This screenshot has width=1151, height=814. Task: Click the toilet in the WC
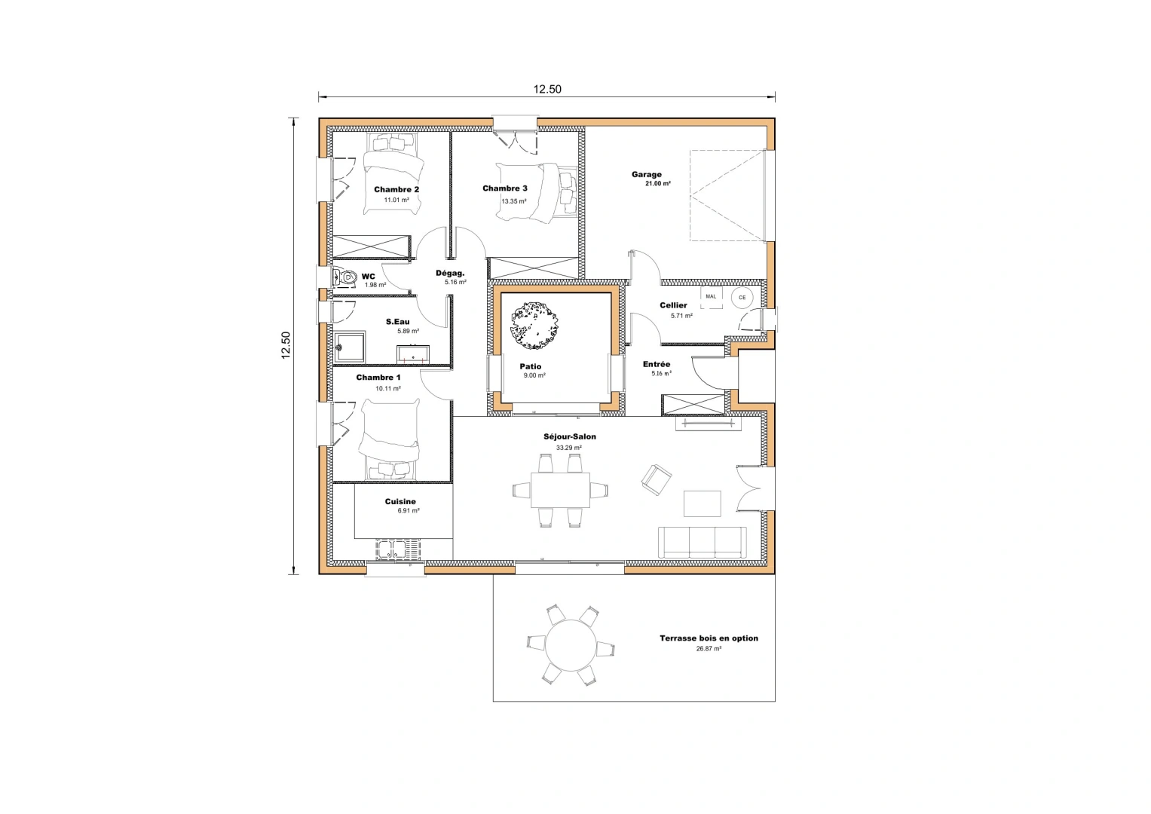pos(345,277)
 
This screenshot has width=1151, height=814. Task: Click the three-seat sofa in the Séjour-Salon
pos(702,543)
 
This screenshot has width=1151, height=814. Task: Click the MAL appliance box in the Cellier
pos(711,297)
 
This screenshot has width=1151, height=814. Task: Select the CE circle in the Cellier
pos(742,298)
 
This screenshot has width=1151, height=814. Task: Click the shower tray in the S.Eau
pos(350,348)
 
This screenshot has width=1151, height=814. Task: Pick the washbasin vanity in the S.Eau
pos(413,354)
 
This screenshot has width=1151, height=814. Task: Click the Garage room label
pos(647,175)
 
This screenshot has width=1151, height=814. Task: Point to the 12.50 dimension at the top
pos(547,89)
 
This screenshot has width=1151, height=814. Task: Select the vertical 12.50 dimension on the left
pos(286,345)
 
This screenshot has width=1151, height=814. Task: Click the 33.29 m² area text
pos(569,448)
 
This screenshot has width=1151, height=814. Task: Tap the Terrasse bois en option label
pos(709,638)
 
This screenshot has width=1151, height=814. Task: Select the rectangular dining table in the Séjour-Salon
pos(560,490)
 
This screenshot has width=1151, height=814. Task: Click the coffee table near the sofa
pos(702,503)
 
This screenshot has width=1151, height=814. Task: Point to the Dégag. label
pos(450,273)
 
